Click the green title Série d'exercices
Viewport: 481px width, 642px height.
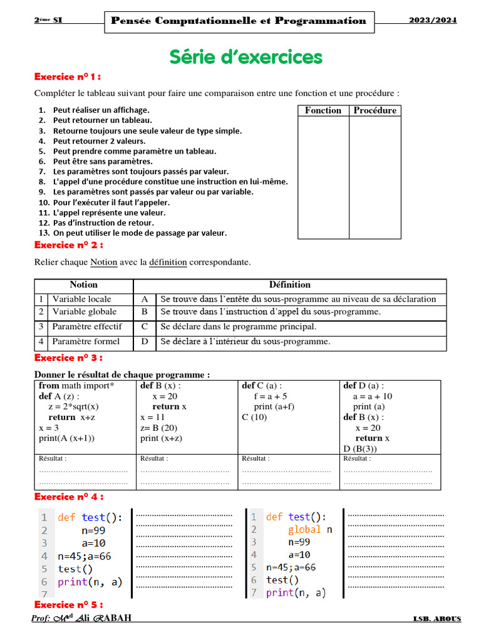coord(246,57)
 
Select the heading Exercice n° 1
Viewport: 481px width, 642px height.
coord(67,77)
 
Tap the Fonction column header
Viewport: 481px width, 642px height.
coord(323,110)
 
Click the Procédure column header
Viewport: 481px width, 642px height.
coord(375,110)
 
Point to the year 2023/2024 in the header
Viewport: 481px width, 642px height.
coord(433,20)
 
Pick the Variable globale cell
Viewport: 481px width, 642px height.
coord(84,312)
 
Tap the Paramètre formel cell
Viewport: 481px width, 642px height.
coord(86,342)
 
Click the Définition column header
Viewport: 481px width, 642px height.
coord(289,285)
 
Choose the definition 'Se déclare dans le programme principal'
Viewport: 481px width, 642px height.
coord(238,327)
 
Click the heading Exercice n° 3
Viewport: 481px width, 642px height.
coord(67,358)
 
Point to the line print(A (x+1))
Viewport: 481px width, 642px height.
coord(71,438)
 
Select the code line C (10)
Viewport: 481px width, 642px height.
coord(254,417)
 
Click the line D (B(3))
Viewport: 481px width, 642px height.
coord(360,449)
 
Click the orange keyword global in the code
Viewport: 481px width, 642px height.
coord(304,529)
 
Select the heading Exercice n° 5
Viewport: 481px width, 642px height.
coord(67,604)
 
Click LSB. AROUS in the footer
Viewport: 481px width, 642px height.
coord(437,619)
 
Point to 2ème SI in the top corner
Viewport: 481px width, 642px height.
coord(48,20)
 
